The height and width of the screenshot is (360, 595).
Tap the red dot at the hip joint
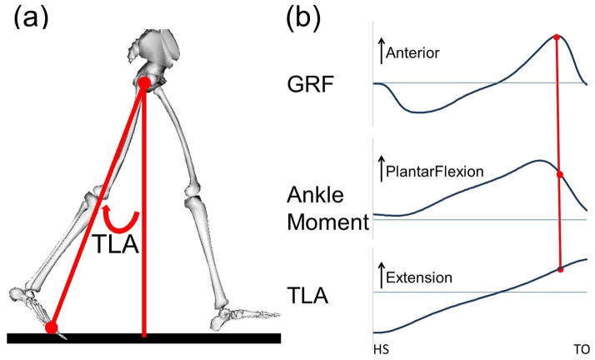(x=144, y=83)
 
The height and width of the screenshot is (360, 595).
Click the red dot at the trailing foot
(x=52, y=327)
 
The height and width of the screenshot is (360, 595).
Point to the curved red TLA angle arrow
(x=117, y=220)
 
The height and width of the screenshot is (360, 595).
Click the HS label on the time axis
(x=379, y=348)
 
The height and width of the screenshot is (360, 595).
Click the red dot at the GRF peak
(x=556, y=37)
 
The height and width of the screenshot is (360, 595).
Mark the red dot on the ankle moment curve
(x=558, y=174)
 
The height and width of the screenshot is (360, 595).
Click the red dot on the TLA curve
(x=560, y=269)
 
